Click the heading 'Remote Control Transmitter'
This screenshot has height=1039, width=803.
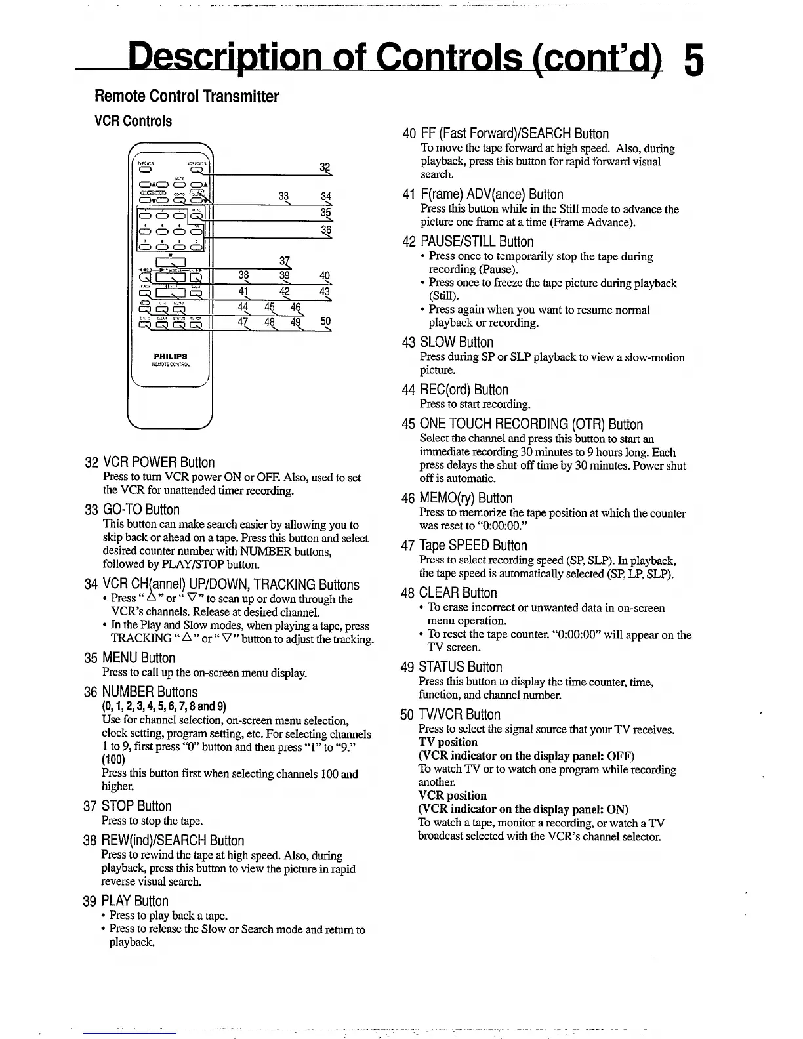[187, 97]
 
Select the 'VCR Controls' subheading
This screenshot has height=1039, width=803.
[133, 121]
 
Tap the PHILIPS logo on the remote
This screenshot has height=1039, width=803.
[171, 357]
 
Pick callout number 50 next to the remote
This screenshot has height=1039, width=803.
[326, 321]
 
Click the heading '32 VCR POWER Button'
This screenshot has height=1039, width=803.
[150, 462]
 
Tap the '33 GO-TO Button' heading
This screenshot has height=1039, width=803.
[132, 510]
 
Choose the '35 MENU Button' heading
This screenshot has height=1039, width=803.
[130, 658]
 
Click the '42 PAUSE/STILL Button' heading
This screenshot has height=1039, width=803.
[468, 241]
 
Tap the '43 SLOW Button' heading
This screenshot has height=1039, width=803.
[447, 342]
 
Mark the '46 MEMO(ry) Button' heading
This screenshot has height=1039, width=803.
[457, 498]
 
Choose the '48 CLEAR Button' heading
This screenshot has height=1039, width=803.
[449, 593]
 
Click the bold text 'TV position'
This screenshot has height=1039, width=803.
[448, 742]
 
